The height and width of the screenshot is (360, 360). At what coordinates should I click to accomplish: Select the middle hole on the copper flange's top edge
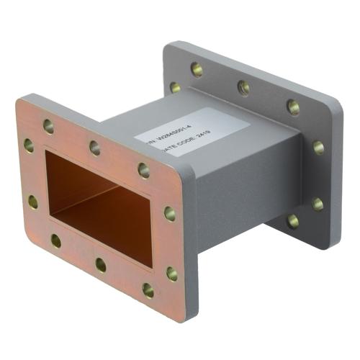point(94,148)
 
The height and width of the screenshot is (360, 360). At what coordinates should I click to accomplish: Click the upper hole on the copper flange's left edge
point(28,145)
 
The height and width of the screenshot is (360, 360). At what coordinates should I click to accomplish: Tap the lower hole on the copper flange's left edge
point(33,202)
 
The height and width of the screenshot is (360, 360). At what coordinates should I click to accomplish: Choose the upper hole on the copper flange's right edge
point(169,214)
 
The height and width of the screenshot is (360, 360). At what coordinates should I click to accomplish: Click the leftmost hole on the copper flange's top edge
point(48,126)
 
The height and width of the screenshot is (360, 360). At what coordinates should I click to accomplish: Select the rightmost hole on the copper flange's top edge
point(144,171)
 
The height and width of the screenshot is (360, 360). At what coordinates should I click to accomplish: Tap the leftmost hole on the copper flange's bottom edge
point(56,240)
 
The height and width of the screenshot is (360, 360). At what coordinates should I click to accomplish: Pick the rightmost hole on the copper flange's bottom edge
point(148,291)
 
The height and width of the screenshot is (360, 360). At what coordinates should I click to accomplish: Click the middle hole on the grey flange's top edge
point(244,88)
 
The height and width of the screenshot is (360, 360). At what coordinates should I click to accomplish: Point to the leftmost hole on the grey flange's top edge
point(197,69)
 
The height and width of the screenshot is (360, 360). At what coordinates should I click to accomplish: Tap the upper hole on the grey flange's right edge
point(318,148)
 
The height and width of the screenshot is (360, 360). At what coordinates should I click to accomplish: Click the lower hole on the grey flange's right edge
point(318,204)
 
